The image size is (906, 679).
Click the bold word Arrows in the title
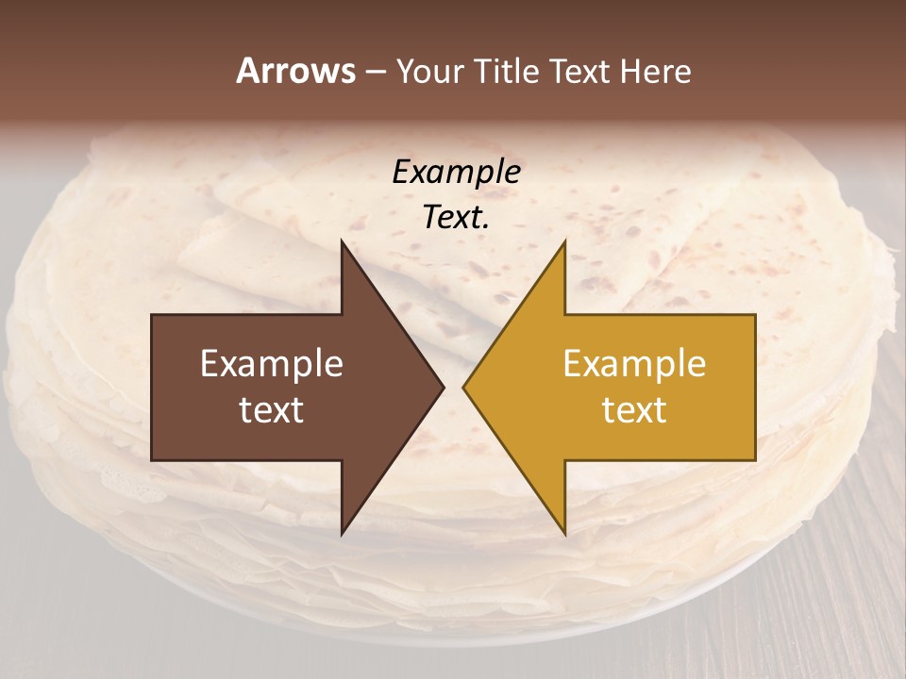coord(295,71)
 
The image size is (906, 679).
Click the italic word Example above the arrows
coord(456,172)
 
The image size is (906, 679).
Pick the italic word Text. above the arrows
coord(456,217)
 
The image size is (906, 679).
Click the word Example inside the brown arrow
coord(272,363)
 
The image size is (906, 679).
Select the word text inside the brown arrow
coord(272,409)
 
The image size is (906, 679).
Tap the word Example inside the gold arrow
coord(634,363)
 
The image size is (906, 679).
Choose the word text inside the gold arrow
coord(634,409)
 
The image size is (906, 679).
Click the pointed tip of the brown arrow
coord(444,388)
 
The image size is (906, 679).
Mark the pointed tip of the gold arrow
coord(463,388)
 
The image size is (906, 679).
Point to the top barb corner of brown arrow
coord(342,241)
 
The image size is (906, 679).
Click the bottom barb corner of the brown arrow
coord(342,534)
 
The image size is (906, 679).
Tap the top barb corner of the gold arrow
coord(564,241)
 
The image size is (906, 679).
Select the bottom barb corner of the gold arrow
coord(564,534)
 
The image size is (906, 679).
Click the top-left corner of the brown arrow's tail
coord(152,315)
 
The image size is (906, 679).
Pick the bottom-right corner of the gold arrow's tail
coord(755,460)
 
